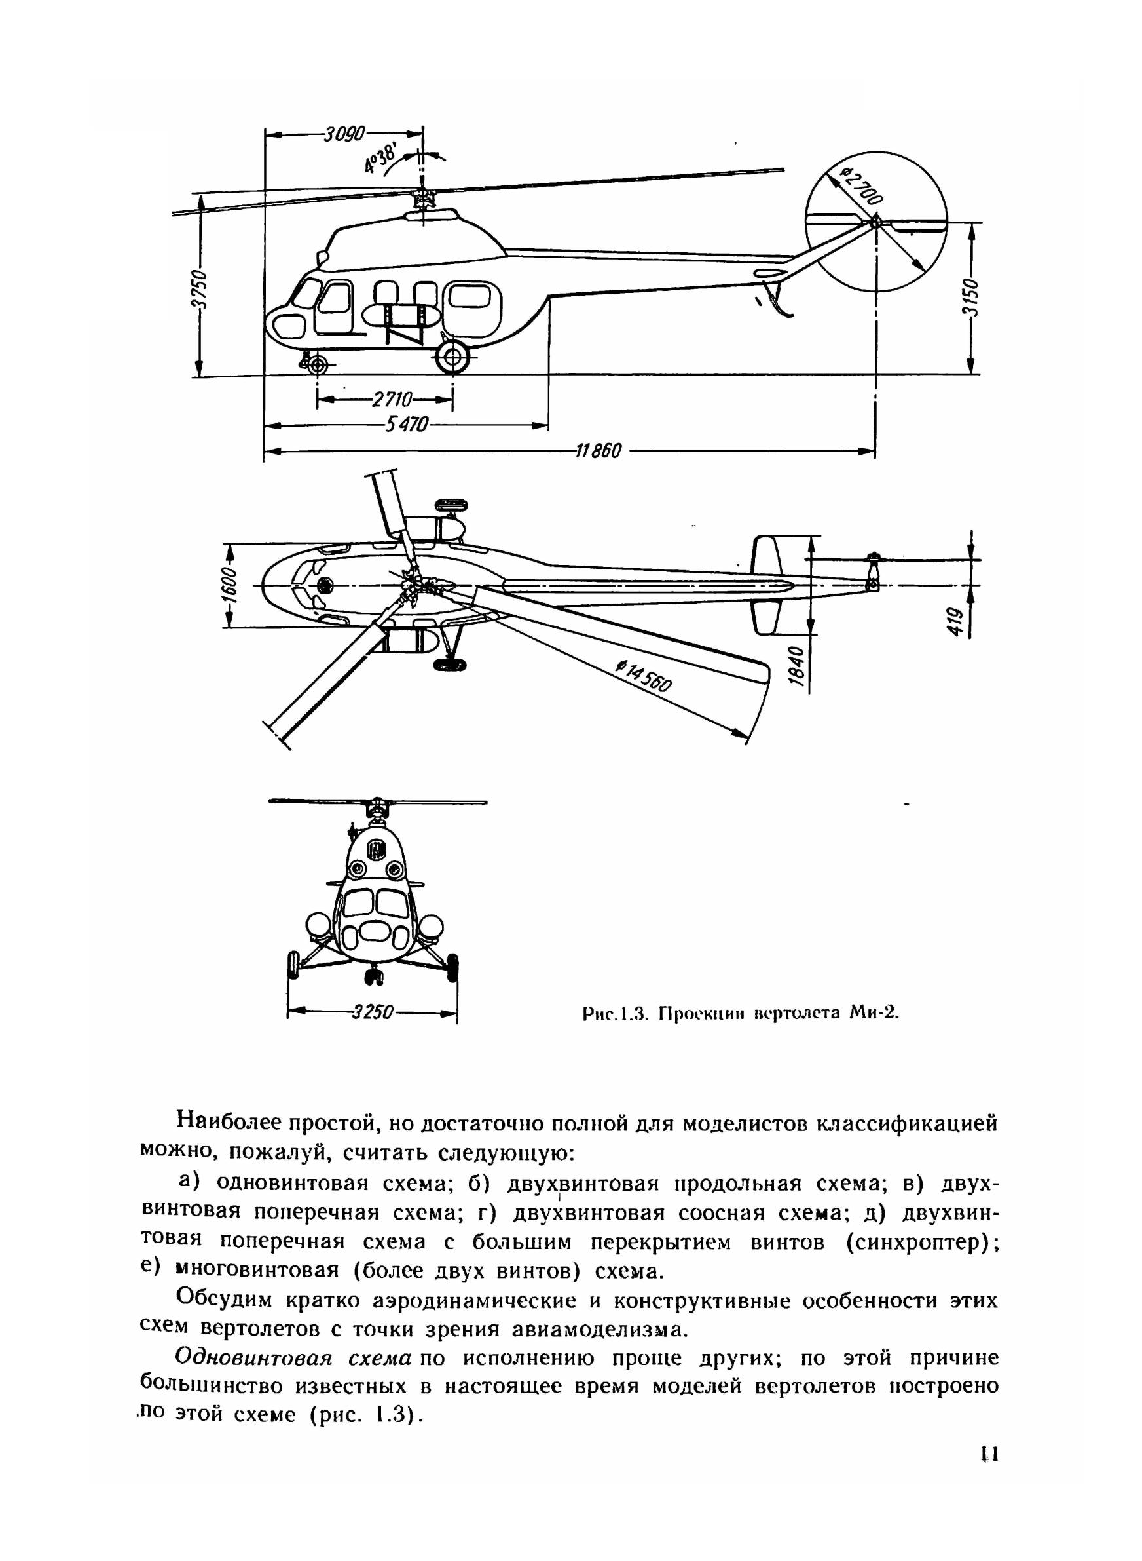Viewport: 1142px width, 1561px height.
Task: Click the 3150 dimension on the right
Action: point(971,298)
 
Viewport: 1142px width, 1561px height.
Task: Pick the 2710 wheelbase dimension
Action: point(392,399)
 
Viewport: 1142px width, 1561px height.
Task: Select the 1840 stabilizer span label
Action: point(797,666)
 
